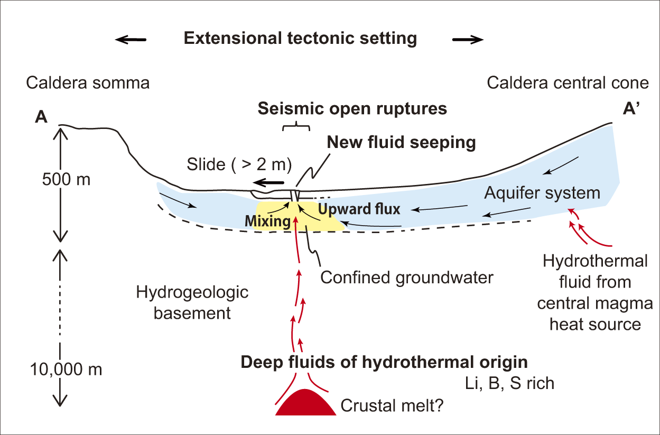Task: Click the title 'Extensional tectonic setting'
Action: coord(300,38)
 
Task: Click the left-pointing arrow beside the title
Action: coord(132,39)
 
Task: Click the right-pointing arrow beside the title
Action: coord(468,39)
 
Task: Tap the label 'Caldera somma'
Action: coord(88,83)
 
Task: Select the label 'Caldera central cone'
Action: coord(568,83)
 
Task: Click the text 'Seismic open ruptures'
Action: coord(352,108)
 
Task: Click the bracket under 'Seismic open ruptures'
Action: coord(296,127)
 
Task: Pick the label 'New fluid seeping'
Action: coord(401,142)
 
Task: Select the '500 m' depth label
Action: coord(67,180)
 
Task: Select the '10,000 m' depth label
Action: coord(66,368)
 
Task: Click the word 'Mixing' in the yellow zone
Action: coord(268,221)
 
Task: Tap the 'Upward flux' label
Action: coord(359,209)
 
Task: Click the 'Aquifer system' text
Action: coord(542,192)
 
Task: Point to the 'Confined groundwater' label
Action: coord(406,277)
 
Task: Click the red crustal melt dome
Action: coord(305,404)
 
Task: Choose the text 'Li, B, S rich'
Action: coord(509,383)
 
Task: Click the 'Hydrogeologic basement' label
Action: coord(192,302)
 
